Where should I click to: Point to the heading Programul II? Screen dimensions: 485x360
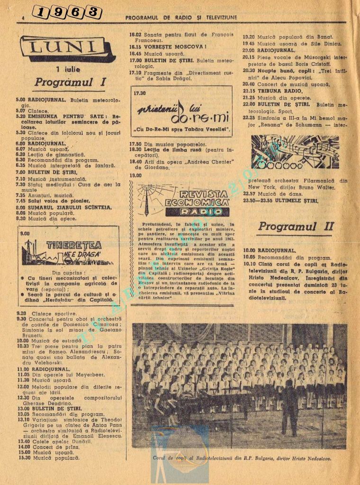[x=296, y=226]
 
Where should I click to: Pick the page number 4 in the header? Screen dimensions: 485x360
[x=22, y=18]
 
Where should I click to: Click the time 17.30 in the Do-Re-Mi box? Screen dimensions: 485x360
[x=140, y=93]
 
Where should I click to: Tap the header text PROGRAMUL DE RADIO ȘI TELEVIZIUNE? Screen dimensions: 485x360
[x=181, y=18]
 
